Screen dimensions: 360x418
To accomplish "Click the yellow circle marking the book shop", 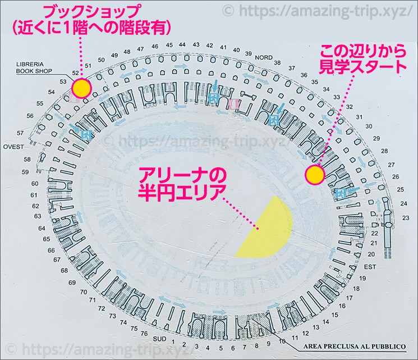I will (82, 88).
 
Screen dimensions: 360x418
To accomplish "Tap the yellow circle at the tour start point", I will (314, 175).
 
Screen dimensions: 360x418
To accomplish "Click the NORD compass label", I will (263, 57).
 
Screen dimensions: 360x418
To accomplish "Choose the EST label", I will (370, 267).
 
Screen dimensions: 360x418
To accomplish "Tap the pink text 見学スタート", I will (362, 67).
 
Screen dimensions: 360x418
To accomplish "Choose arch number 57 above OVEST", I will (21, 133).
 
